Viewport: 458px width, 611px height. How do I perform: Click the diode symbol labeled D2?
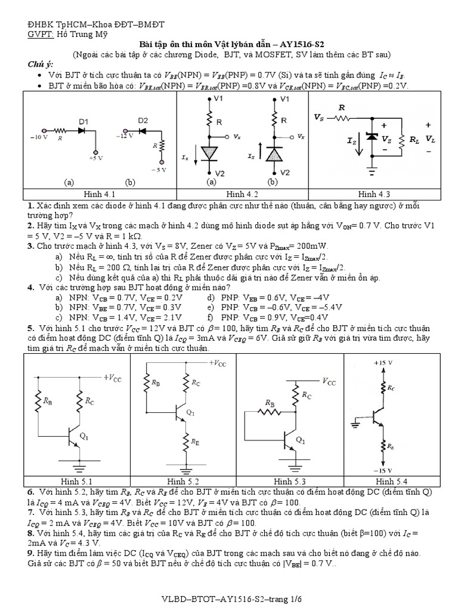[x=142, y=130]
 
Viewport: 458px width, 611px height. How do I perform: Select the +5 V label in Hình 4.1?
[x=95, y=159]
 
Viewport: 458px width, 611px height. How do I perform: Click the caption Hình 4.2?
[x=242, y=195]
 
